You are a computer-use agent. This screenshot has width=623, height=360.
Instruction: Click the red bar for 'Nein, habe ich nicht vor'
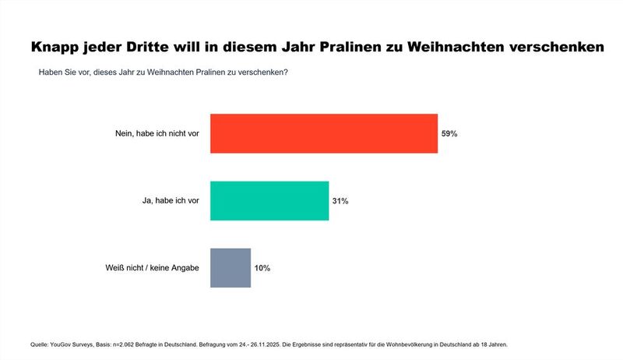pos(324,133)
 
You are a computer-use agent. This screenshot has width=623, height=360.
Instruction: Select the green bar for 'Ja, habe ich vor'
pos(269,201)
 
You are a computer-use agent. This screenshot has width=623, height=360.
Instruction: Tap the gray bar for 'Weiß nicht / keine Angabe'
pos(231,268)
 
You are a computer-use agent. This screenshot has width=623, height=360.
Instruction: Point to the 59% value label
pos(449,134)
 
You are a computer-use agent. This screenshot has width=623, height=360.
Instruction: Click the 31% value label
pos(340,201)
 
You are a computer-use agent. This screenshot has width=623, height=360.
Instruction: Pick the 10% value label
pos(262,268)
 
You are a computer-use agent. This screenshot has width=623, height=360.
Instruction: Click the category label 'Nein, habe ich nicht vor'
pos(157,134)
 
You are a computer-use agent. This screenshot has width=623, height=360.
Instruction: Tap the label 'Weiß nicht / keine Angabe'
pos(151,268)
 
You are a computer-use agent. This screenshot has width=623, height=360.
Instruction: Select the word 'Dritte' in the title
pos(164,48)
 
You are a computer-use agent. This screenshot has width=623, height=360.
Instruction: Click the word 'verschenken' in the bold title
pos(554,48)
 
